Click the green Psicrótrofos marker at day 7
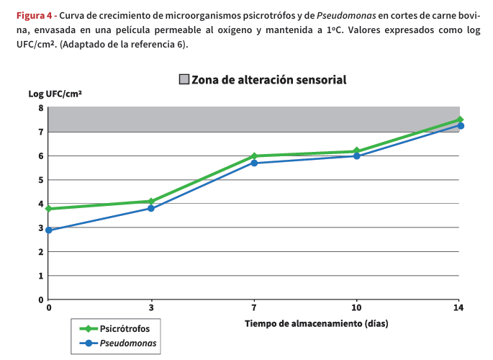coord(254,156)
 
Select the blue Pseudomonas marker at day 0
coord(49,230)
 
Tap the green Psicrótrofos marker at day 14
coord(459,120)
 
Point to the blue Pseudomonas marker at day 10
coord(356,156)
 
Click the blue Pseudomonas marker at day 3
coord(151,208)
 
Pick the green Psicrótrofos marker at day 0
coord(49,209)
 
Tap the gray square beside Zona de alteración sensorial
coord(184,79)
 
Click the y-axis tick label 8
coord(41,108)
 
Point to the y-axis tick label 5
coord(41,180)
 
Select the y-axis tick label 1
coord(41,276)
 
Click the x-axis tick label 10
coord(356,308)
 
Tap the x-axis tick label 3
coord(151,308)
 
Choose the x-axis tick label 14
coord(458,308)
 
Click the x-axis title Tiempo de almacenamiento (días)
coord(316,323)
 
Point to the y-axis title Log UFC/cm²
coord(55,94)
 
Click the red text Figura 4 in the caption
coord(35,14)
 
